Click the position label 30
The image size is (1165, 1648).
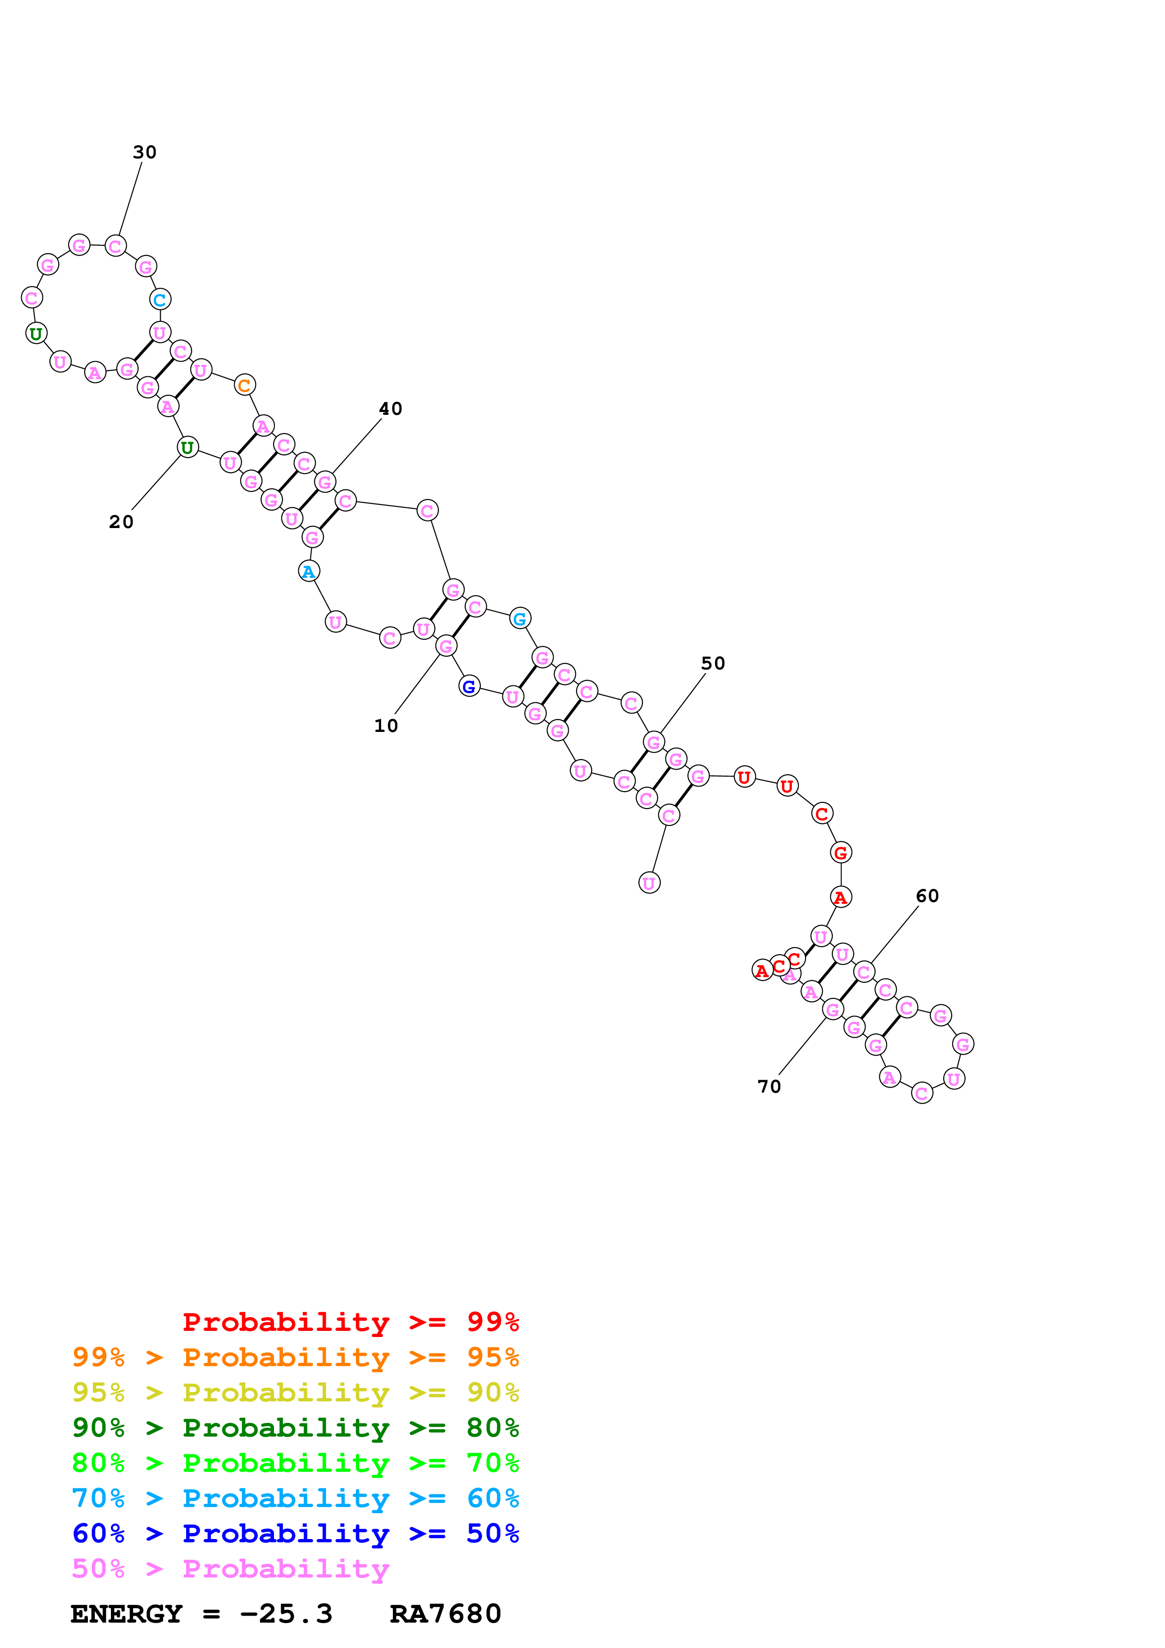point(144,152)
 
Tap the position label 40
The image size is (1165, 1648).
point(391,408)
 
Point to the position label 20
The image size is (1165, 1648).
point(121,522)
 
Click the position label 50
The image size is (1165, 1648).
point(713,663)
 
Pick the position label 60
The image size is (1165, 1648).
point(927,896)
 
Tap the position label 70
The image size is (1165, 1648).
point(769,1087)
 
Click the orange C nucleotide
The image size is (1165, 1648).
point(245,385)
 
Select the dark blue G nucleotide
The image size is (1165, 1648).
point(469,687)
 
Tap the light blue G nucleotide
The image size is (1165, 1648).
point(520,618)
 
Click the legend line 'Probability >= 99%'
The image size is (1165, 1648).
point(350,1322)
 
